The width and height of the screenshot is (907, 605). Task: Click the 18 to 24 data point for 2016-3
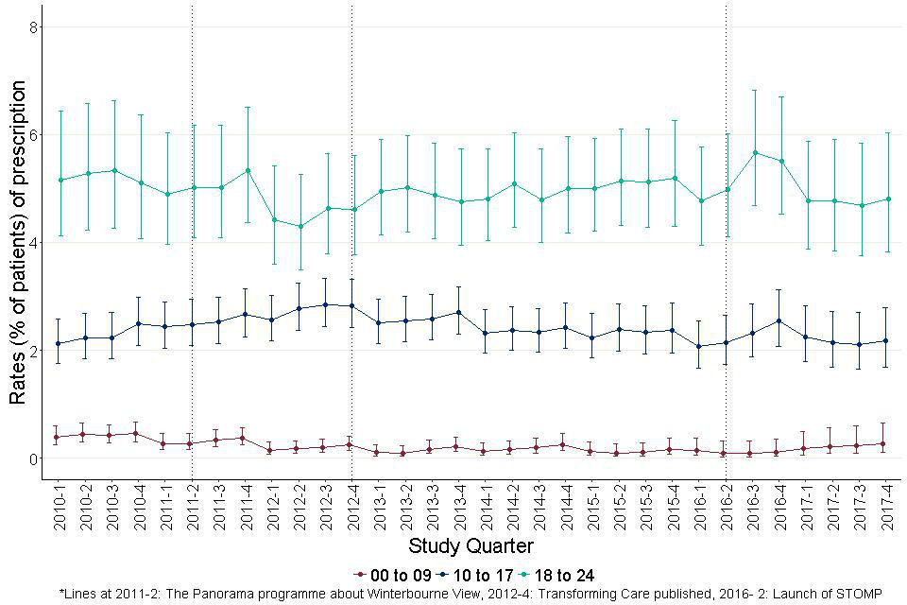754,152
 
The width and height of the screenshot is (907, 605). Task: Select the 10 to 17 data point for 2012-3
326,304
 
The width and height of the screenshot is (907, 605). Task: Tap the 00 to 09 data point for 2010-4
139,434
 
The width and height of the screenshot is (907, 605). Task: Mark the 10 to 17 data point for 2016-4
780,320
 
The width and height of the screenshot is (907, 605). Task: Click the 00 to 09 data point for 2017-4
887,443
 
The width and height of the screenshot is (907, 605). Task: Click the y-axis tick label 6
31,135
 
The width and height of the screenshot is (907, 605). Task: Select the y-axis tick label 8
31,27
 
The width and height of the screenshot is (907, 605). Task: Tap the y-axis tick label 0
31,459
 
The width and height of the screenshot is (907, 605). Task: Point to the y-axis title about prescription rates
17,243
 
